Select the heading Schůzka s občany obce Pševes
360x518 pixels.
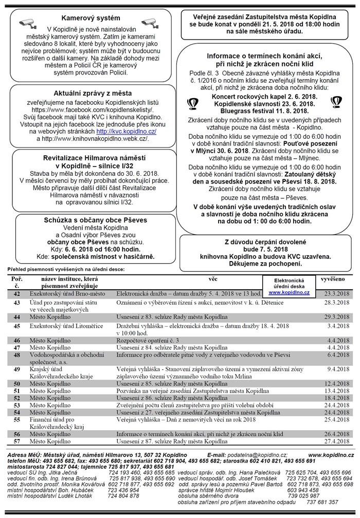click(87, 220)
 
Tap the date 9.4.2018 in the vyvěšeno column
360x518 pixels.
click(335, 368)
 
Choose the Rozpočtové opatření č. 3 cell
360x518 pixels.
click(142, 340)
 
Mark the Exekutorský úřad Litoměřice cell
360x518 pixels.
click(62, 326)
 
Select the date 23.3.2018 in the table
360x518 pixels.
click(335, 293)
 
